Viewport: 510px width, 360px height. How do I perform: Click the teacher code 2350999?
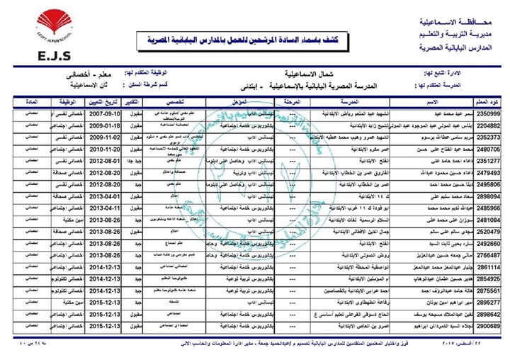[488, 114]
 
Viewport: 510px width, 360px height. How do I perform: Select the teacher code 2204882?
[488, 127]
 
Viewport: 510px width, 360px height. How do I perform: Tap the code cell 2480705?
[488, 150]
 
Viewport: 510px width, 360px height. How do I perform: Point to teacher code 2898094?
[488, 196]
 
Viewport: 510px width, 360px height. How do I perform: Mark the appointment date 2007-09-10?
[122, 114]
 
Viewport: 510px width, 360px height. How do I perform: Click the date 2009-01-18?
[122, 127]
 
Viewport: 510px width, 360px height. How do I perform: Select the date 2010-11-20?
[122, 150]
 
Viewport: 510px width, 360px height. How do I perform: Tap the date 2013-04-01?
[122, 196]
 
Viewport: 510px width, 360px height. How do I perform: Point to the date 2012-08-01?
[122, 162]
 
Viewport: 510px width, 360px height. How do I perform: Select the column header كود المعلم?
[488, 102]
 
